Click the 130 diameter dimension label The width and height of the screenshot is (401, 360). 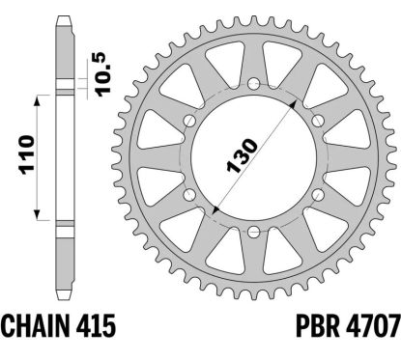pos(243,156)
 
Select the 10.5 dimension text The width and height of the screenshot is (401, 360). pos(103,74)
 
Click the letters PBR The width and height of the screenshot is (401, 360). pos(317,325)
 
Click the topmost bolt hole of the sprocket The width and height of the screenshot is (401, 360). pos(254,84)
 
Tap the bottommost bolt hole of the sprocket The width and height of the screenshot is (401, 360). pos(254,231)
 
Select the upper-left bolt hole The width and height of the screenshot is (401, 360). pos(190,121)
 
